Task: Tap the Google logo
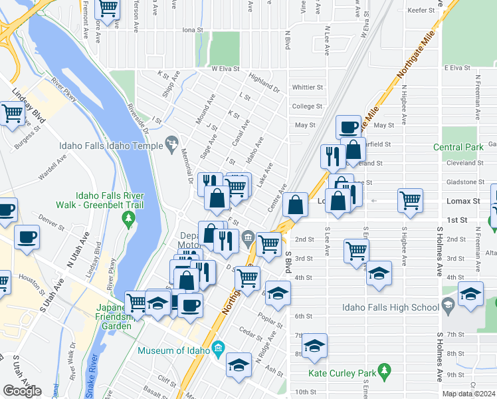tap(21, 391)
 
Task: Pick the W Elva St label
tap(225, 68)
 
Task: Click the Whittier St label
tap(307, 87)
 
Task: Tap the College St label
tap(307, 106)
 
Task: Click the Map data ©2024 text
tap(468, 394)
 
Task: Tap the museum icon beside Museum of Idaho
tap(219, 350)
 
